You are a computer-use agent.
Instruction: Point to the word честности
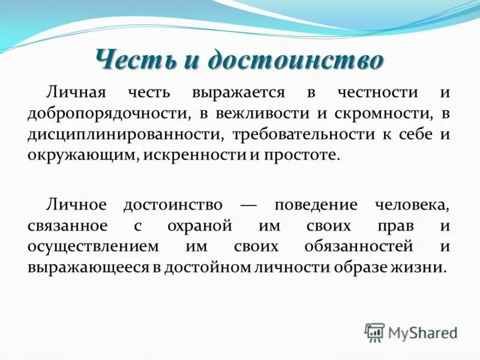pos(377,93)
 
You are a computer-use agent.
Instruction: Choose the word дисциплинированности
pos(117,134)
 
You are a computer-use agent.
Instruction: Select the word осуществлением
pos(93,246)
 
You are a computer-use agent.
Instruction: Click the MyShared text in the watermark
pos(422,332)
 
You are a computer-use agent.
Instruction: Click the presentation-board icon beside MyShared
pos(374,332)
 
